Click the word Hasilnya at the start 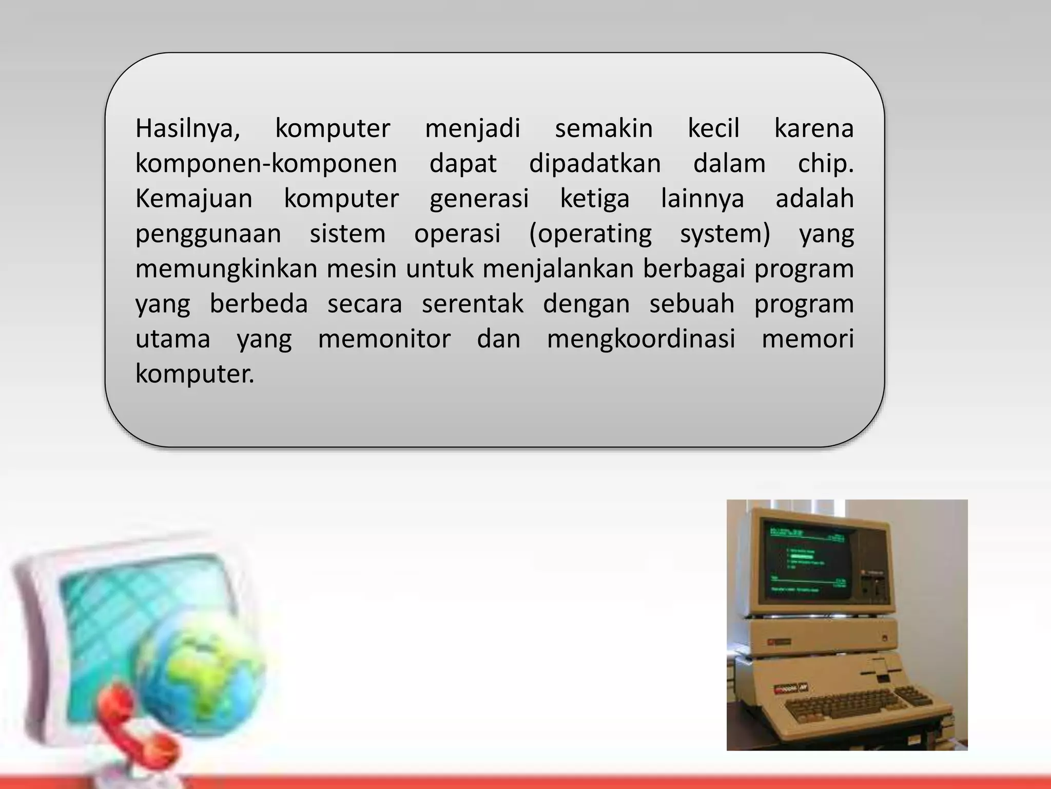pyautogui.click(x=187, y=128)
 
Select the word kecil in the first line pyautogui.click(x=713, y=128)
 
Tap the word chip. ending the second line pyautogui.click(x=825, y=164)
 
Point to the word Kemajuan pyautogui.click(x=193, y=199)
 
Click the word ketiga pyautogui.click(x=594, y=199)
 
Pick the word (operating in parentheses pyautogui.click(x=590, y=234)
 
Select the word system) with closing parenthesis pyautogui.click(x=725, y=234)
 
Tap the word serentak pyautogui.click(x=472, y=304)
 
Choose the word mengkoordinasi pyautogui.click(x=641, y=339)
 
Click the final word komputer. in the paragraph pyautogui.click(x=194, y=374)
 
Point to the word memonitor pyautogui.click(x=384, y=339)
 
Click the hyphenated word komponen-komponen pyautogui.click(x=266, y=164)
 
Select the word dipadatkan pyautogui.click(x=595, y=164)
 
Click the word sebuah pyautogui.click(x=691, y=304)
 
